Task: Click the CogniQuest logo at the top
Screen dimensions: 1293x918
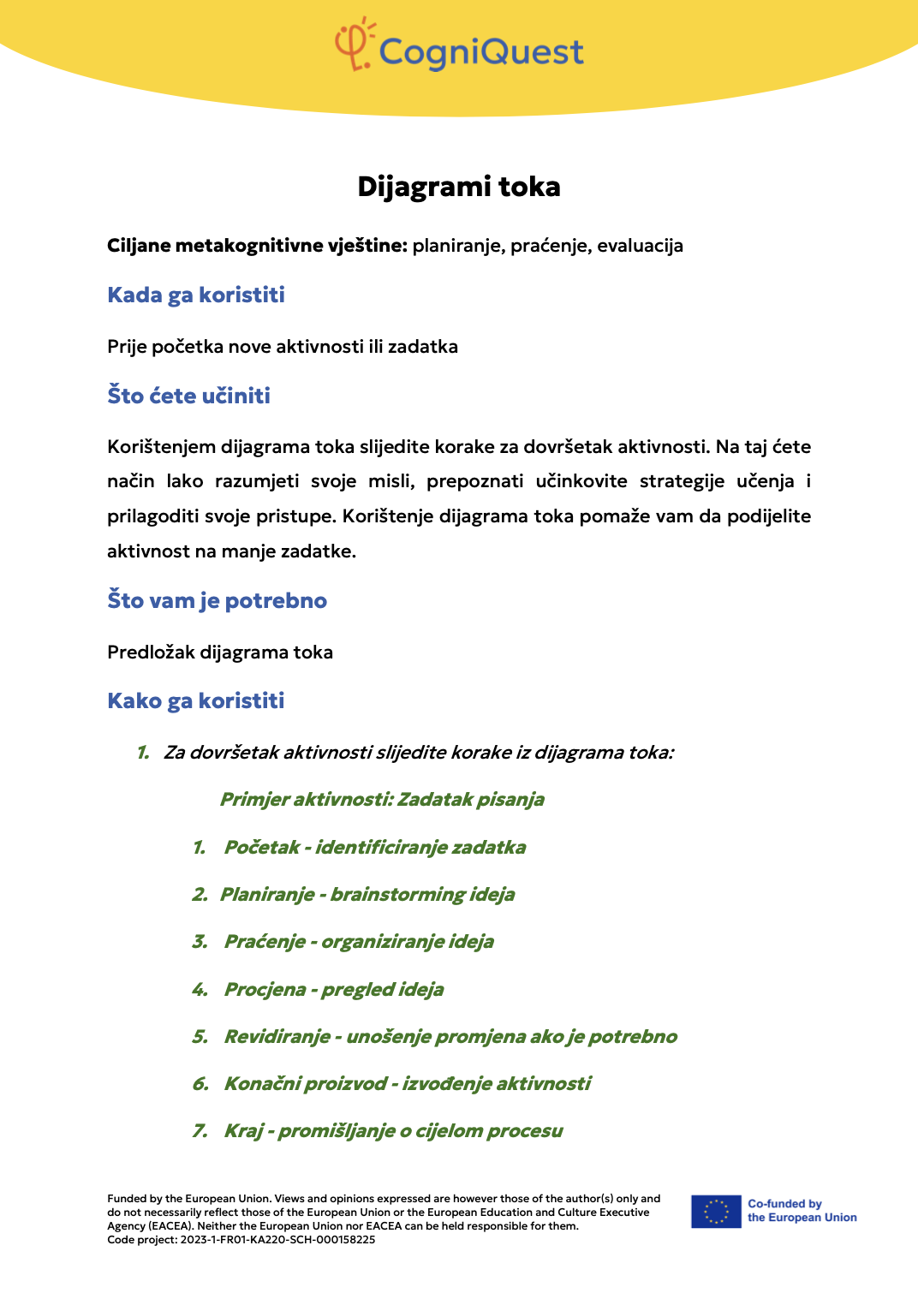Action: (459, 47)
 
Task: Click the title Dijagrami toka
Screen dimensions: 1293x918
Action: (459, 187)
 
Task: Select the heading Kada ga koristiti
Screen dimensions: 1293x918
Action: (196, 295)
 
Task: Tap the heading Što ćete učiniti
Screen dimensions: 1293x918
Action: (188, 396)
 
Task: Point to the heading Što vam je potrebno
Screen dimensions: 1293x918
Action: (217, 600)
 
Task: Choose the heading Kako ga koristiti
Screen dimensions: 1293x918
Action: (196, 701)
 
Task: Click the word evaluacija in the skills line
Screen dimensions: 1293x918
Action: (640, 247)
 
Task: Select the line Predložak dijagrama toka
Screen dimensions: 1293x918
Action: (220, 652)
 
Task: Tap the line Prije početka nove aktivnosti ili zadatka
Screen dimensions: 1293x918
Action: (283, 347)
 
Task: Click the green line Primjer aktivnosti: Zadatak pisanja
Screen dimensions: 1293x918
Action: (382, 800)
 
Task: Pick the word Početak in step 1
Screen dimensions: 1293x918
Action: (261, 848)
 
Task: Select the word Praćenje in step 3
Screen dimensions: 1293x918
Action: (265, 942)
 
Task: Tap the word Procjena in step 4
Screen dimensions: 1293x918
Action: (265, 990)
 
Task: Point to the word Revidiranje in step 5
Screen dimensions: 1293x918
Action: (277, 1037)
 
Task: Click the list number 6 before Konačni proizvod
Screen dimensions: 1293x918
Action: (200, 1084)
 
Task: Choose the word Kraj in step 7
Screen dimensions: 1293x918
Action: (243, 1131)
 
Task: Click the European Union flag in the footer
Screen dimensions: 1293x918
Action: (716, 1212)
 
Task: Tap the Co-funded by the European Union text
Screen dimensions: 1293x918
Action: (802, 1211)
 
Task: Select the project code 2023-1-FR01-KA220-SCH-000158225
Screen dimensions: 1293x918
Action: (277, 1239)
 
